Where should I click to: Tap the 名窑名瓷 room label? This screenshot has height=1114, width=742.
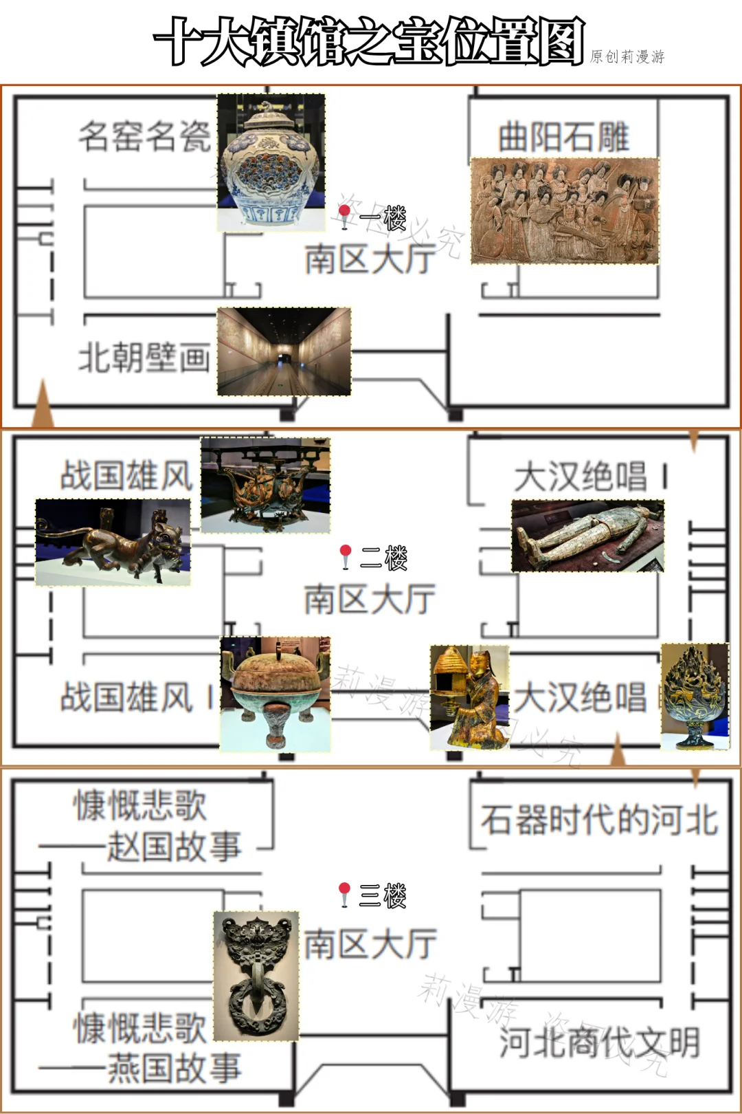[x=144, y=135]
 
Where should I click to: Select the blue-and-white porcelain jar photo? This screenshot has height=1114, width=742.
[x=271, y=162]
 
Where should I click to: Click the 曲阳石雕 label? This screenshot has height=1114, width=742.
[x=563, y=137]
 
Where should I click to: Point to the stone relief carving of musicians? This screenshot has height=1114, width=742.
[x=565, y=211]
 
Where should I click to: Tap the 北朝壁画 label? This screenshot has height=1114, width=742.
[x=144, y=358]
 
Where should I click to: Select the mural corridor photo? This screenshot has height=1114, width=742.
[x=284, y=351]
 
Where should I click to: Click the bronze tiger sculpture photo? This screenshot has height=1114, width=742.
[x=113, y=542]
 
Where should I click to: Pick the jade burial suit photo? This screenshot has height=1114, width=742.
[x=587, y=536]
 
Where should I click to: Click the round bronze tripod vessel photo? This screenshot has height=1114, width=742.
[x=275, y=693]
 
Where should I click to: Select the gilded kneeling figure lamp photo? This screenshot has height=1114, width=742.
[x=469, y=697]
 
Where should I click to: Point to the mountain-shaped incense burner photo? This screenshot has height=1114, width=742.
[x=695, y=696]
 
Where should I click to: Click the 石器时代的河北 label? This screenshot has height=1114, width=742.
[x=599, y=820]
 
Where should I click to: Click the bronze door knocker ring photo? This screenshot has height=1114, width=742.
[x=256, y=975]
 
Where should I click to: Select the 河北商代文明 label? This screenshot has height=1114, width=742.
[x=599, y=1042]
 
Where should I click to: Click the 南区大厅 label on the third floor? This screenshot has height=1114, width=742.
[x=370, y=943]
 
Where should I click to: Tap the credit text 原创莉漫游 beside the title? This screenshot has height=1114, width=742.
[x=627, y=56]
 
